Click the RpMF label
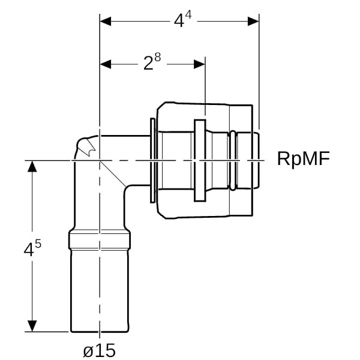pos(304,158)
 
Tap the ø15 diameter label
pos(100,350)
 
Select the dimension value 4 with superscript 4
pos(182,20)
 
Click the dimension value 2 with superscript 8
pos(152,63)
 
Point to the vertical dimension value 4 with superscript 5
pos(32,248)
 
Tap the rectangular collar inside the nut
pos(200,160)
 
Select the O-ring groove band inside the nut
pos(232,160)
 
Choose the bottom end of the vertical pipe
pos(99,330)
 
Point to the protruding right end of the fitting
pos(256,160)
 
